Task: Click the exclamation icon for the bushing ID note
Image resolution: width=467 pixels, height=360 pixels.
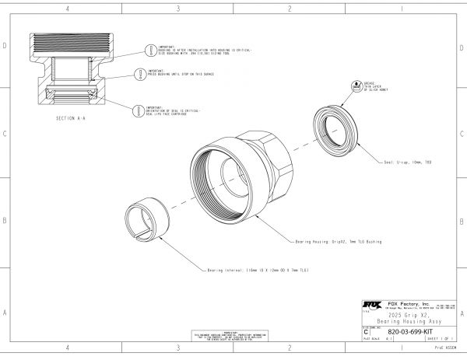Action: point(151,49)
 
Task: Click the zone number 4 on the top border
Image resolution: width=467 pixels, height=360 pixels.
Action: point(68,9)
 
